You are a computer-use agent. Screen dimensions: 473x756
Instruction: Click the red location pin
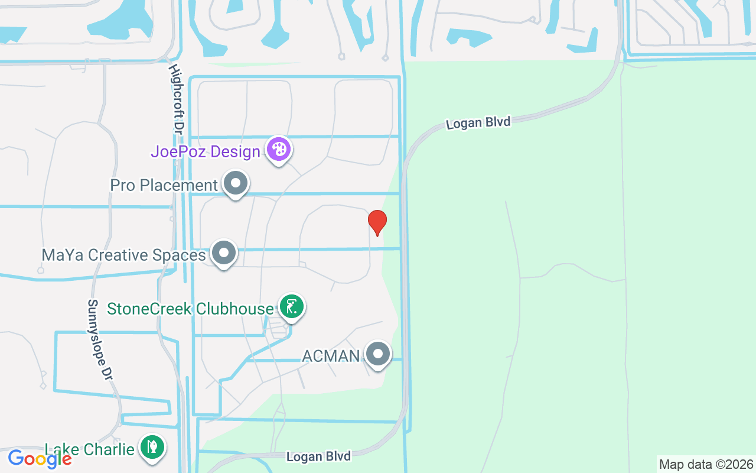point(377,222)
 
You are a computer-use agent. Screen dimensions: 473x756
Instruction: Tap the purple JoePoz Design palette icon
point(278,149)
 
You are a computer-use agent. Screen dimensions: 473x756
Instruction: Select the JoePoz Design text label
point(206,152)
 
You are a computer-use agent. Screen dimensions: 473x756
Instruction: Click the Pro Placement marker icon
point(236,183)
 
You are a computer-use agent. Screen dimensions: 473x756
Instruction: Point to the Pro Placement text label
point(164,186)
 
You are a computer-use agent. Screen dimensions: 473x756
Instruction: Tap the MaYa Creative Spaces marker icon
point(224,252)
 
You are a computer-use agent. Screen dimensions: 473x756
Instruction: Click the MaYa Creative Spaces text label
point(123,255)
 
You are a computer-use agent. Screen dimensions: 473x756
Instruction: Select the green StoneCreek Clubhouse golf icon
point(291,306)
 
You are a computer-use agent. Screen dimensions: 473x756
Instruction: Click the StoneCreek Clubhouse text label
point(190,309)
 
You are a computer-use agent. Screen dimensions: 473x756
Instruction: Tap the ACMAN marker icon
point(378,354)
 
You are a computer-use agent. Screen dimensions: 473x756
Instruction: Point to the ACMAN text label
point(331,356)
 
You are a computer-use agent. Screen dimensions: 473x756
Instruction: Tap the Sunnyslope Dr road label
point(99,339)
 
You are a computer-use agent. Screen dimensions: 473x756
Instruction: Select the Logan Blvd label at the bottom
point(318,456)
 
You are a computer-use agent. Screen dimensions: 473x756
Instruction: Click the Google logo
point(40,459)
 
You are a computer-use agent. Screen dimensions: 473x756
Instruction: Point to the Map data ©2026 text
point(706,464)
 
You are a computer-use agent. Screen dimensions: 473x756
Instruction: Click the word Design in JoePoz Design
point(236,152)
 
